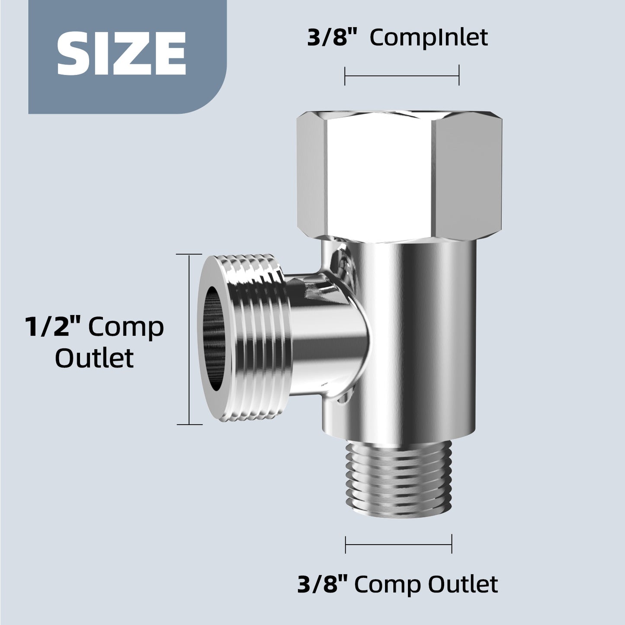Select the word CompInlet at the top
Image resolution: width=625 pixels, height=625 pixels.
tap(429, 38)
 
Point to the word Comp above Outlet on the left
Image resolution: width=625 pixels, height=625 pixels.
tap(126, 327)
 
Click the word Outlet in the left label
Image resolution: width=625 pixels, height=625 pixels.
tap(94, 358)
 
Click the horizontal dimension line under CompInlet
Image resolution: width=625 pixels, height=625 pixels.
tap(401, 76)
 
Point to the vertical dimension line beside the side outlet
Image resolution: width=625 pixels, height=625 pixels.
tap(189, 340)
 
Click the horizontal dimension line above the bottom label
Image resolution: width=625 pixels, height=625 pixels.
tap(398, 544)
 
